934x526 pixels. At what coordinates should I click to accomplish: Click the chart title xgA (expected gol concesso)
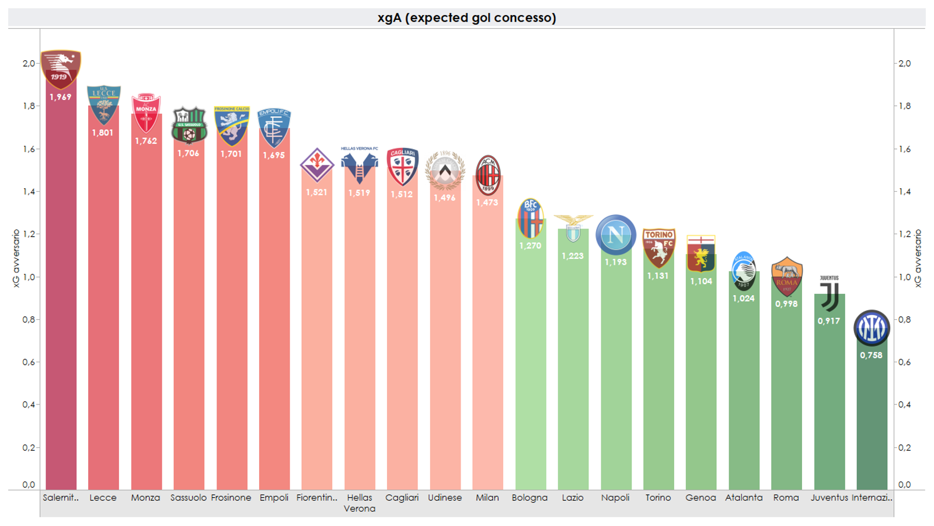(466, 18)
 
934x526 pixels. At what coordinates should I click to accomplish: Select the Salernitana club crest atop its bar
(61, 69)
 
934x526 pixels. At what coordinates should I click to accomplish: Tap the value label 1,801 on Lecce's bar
(103, 133)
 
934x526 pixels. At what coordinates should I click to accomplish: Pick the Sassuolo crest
(189, 125)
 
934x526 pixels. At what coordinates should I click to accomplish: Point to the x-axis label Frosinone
(231, 497)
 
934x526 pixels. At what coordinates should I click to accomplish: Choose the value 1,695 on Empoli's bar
(274, 155)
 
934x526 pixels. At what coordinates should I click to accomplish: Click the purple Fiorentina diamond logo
(317, 165)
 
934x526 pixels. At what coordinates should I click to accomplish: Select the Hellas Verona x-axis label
(360, 503)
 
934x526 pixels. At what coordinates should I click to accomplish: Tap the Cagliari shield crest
(402, 167)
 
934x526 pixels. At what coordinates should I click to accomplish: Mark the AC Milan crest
(487, 175)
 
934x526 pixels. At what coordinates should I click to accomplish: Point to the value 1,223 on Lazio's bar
(573, 256)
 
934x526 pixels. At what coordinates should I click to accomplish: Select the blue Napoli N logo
(615, 234)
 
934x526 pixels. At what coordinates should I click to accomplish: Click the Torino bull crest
(658, 248)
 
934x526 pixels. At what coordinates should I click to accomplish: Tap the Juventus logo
(830, 293)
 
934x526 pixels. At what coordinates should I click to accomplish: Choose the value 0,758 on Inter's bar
(871, 355)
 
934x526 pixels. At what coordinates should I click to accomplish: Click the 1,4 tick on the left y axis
(29, 192)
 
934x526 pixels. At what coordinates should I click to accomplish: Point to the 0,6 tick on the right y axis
(904, 362)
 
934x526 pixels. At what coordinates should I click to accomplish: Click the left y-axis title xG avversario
(16, 258)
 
